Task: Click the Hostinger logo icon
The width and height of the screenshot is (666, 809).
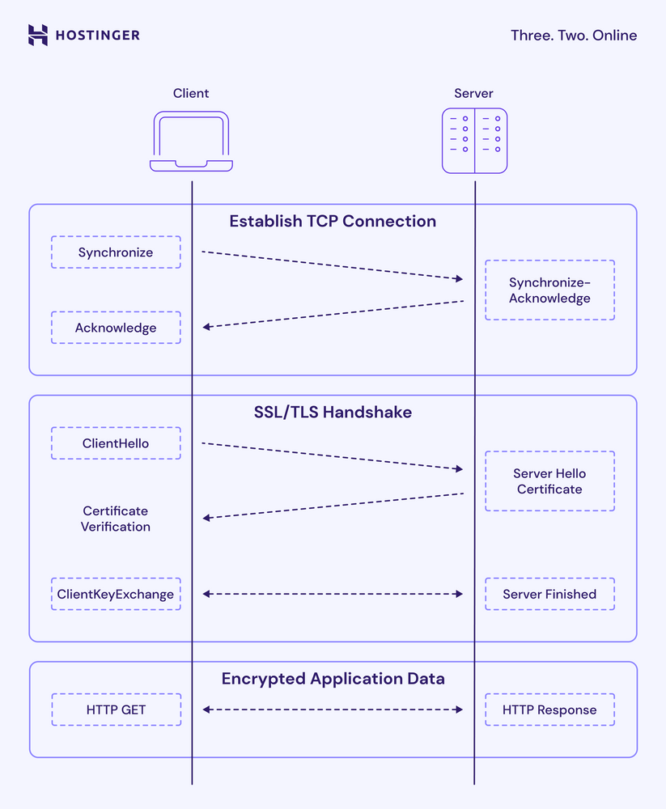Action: coord(37,35)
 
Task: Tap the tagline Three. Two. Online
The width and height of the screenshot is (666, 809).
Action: coord(573,36)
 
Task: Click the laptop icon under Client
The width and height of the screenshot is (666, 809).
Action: coord(191,142)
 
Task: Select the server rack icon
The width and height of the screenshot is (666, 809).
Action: coord(474,141)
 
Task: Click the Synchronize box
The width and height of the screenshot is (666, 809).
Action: coord(116,252)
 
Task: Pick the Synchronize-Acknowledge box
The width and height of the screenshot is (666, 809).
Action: coord(549,290)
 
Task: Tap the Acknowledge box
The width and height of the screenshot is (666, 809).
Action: coord(116,328)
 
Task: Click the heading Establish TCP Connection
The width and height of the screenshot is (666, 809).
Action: coord(333,222)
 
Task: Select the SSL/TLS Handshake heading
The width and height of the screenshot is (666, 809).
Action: coord(333,413)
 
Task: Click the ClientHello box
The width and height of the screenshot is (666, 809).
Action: coord(116,443)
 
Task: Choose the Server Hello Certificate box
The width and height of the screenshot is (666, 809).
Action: coord(549,481)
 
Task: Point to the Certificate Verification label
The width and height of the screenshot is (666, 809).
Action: coord(116,519)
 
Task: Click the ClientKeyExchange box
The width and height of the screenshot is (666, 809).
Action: coord(116,594)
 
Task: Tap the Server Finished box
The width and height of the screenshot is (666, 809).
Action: coord(549,594)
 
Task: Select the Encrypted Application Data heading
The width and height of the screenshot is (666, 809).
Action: coord(333,679)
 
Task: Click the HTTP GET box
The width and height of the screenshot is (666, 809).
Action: coord(116,709)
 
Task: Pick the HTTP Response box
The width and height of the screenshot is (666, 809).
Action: coord(549,709)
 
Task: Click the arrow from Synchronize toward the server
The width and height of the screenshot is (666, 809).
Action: coord(332,265)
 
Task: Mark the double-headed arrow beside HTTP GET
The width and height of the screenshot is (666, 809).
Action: coord(332,709)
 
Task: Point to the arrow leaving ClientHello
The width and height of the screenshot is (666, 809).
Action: coord(332,456)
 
